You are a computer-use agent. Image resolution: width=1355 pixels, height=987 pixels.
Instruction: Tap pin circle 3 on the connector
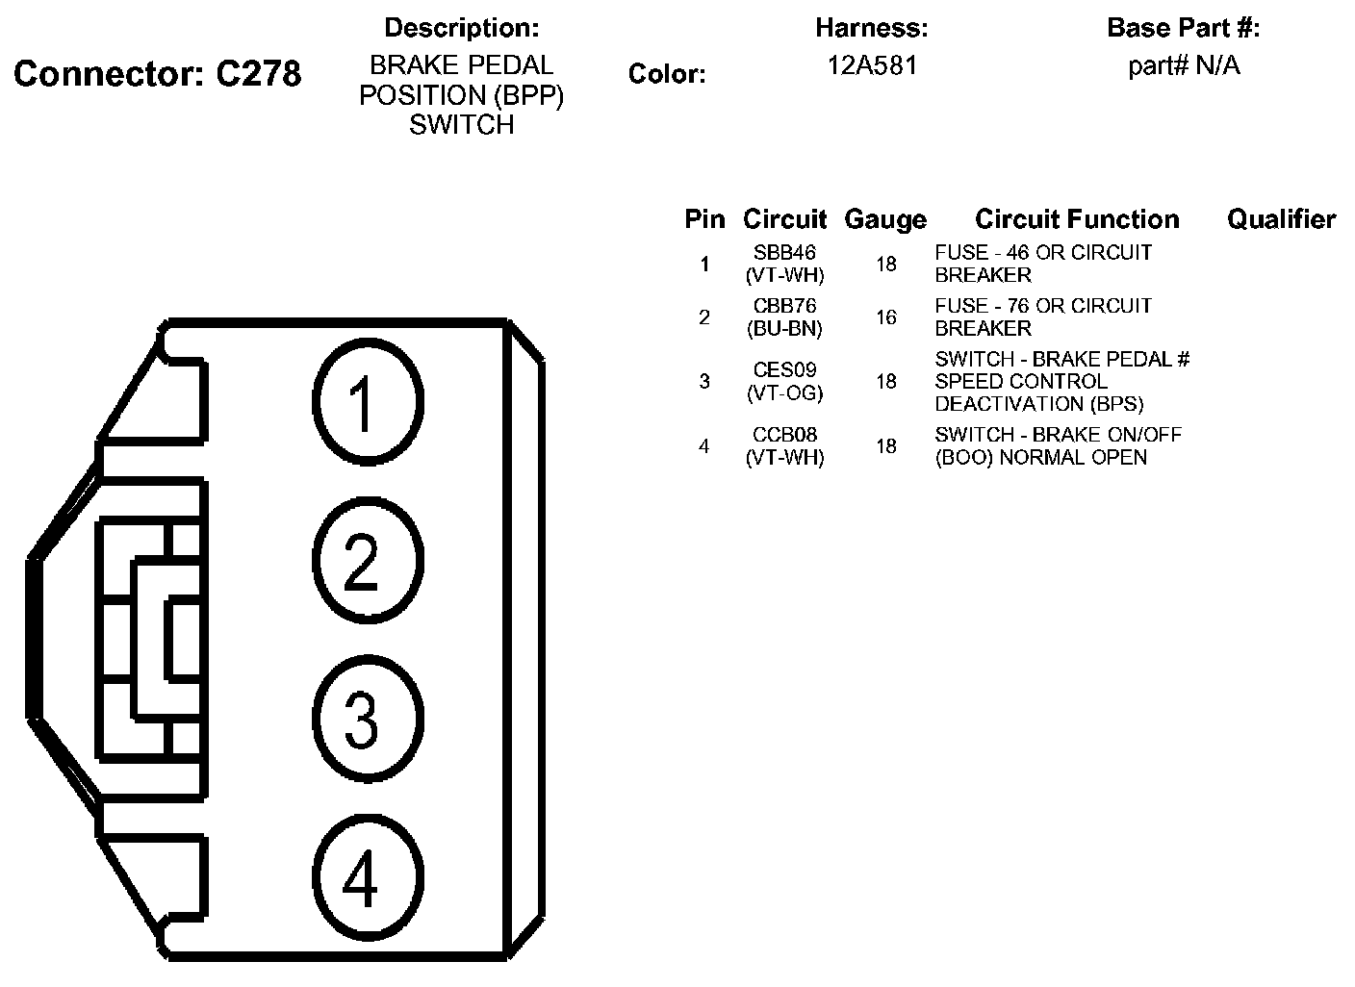(x=367, y=720)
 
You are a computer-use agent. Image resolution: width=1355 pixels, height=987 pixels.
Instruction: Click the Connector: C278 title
(x=158, y=74)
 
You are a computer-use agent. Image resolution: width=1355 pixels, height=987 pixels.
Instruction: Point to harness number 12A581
(x=872, y=65)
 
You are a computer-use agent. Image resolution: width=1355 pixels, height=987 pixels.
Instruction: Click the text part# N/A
(x=1184, y=65)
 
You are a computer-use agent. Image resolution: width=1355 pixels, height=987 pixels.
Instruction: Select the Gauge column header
(x=884, y=220)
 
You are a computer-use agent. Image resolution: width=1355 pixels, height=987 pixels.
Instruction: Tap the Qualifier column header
(x=1281, y=220)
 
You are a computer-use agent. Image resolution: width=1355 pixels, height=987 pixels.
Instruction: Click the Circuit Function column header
(x=1077, y=220)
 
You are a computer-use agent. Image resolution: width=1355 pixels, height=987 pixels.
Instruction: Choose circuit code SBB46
(x=785, y=253)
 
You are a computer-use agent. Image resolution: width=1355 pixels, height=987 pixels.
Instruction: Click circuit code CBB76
(x=785, y=306)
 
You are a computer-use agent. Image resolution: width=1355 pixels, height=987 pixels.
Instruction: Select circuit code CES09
(x=785, y=370)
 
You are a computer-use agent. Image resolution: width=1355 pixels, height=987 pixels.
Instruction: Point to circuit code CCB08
(x=785, y=435)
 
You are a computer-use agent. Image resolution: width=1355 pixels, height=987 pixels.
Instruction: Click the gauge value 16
(x=885, y=317)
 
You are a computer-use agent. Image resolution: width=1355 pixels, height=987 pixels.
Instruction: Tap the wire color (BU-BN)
(x=785, y=328)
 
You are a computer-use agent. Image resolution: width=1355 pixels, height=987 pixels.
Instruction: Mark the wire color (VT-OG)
(x=785, y=392)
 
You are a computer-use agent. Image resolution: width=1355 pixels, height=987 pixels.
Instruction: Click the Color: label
(x=667, y=74)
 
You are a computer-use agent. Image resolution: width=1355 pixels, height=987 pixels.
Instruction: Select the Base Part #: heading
(x=1183, y=28)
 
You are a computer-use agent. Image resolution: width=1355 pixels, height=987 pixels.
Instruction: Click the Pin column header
(x=704, y=220)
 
